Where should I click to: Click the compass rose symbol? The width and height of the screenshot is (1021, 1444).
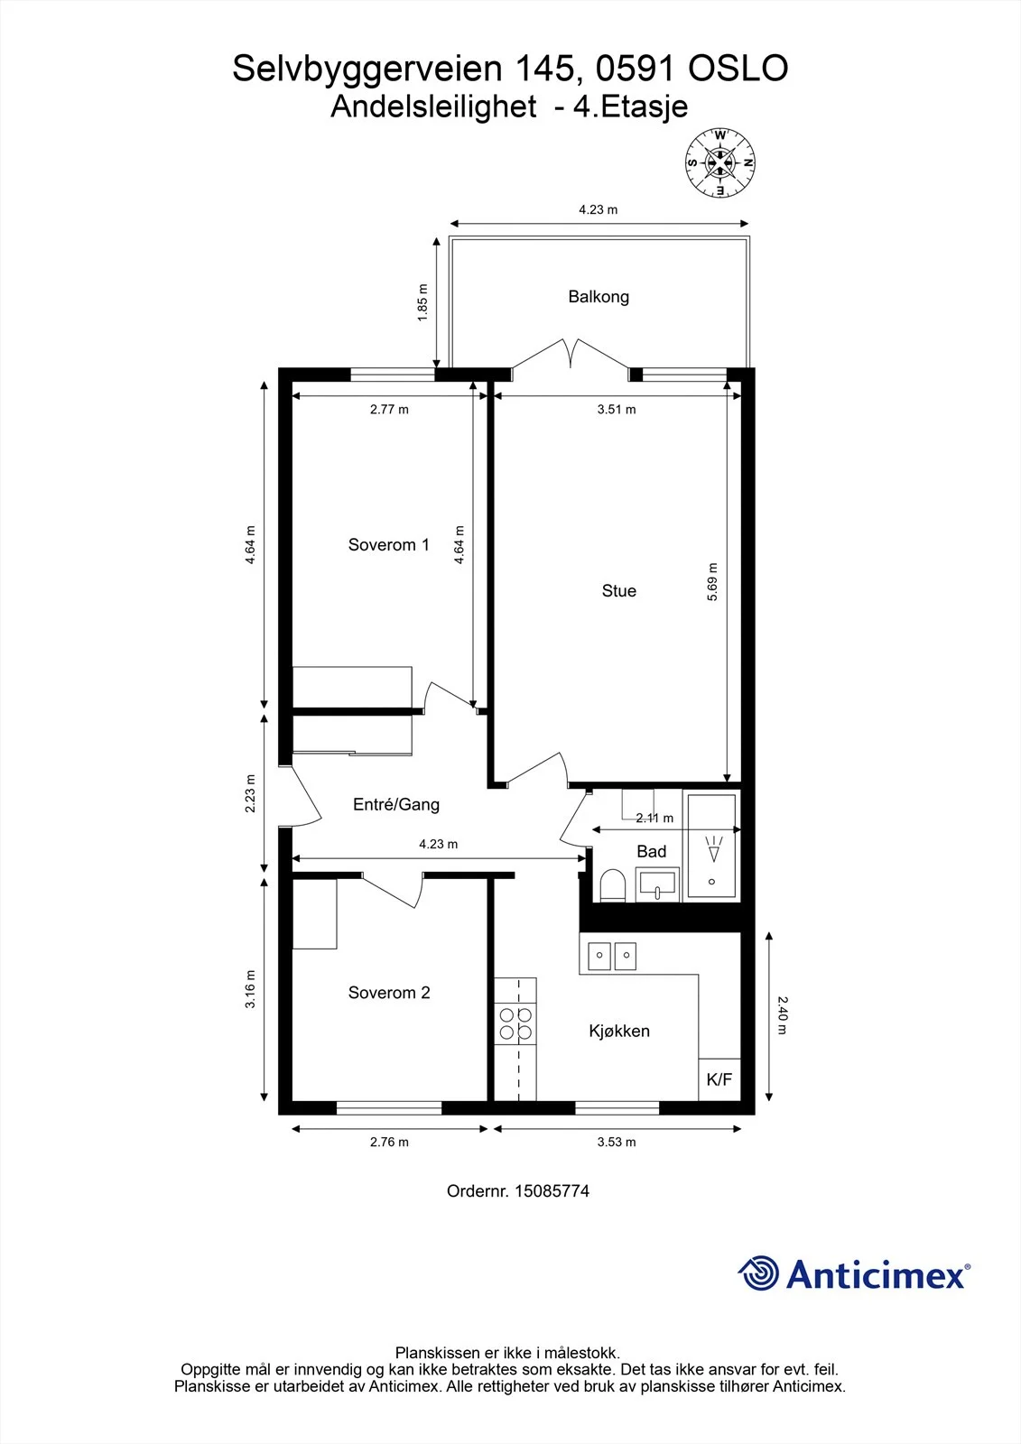point(719,163)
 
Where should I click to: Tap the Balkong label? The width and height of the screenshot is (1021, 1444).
point(599,297)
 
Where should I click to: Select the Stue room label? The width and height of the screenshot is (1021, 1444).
point(619,590)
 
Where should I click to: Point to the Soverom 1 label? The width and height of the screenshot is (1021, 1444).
point(389,545)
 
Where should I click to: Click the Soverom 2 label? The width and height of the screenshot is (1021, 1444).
point(389,993)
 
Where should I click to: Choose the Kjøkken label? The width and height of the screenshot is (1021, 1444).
point(619,1031)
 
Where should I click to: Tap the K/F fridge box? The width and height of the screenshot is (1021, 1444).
point(719,1079)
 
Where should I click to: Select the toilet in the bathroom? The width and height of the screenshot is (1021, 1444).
point(613,885)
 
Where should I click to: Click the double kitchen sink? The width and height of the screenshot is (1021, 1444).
point(611,957)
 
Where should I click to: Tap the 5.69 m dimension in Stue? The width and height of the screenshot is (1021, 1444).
point(712,582)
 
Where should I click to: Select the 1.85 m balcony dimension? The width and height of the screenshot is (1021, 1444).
point(422,303)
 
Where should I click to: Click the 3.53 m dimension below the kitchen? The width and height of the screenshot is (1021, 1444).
point(617,1142)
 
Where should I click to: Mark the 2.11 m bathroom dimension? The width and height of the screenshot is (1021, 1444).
point(654,818)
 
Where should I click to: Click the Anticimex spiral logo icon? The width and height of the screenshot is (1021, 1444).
point(758,1273)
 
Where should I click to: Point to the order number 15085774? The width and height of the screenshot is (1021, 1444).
point(552,1190)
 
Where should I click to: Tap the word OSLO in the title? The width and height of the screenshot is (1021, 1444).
point(738,69)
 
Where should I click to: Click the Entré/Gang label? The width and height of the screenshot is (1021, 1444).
point(396,804)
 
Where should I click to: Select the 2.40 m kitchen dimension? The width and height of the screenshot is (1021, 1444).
point(782,1015)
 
